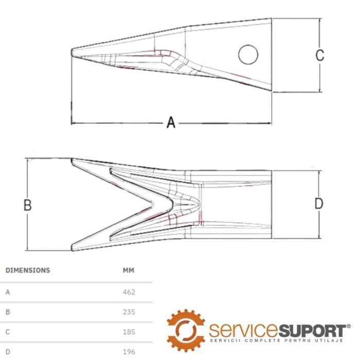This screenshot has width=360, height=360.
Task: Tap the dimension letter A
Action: pos(171,122)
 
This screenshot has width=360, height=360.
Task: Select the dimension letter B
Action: pos(28,205)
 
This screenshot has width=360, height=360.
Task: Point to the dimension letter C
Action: pos(319,55)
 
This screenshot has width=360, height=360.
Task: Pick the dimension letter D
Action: pos(319,204)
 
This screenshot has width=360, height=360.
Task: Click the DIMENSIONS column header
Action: pos(28,270)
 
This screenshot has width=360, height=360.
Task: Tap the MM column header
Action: pos(129,270)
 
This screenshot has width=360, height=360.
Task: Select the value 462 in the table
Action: pos(129,292)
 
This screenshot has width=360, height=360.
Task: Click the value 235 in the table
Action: pos(129,312)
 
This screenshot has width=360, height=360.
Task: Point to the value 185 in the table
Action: pos(129,332)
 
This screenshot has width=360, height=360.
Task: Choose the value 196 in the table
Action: pos(129,352)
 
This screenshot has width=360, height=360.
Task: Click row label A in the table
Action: pos(8,292)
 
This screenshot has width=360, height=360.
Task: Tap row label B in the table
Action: pos(8,312)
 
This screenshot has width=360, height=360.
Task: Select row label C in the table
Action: pos(8,332)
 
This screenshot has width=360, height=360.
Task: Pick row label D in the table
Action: pos(8,352)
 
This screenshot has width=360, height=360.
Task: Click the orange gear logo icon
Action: pos(186,331)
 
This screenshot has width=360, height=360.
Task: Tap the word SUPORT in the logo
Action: pos(313,330)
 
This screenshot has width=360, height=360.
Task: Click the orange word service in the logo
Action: pos(244,330)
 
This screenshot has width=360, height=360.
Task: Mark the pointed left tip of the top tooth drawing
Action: pos(71,52)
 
